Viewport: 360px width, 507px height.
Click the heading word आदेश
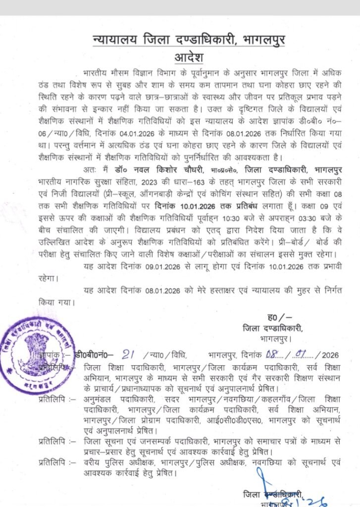[x=180, y=56]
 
